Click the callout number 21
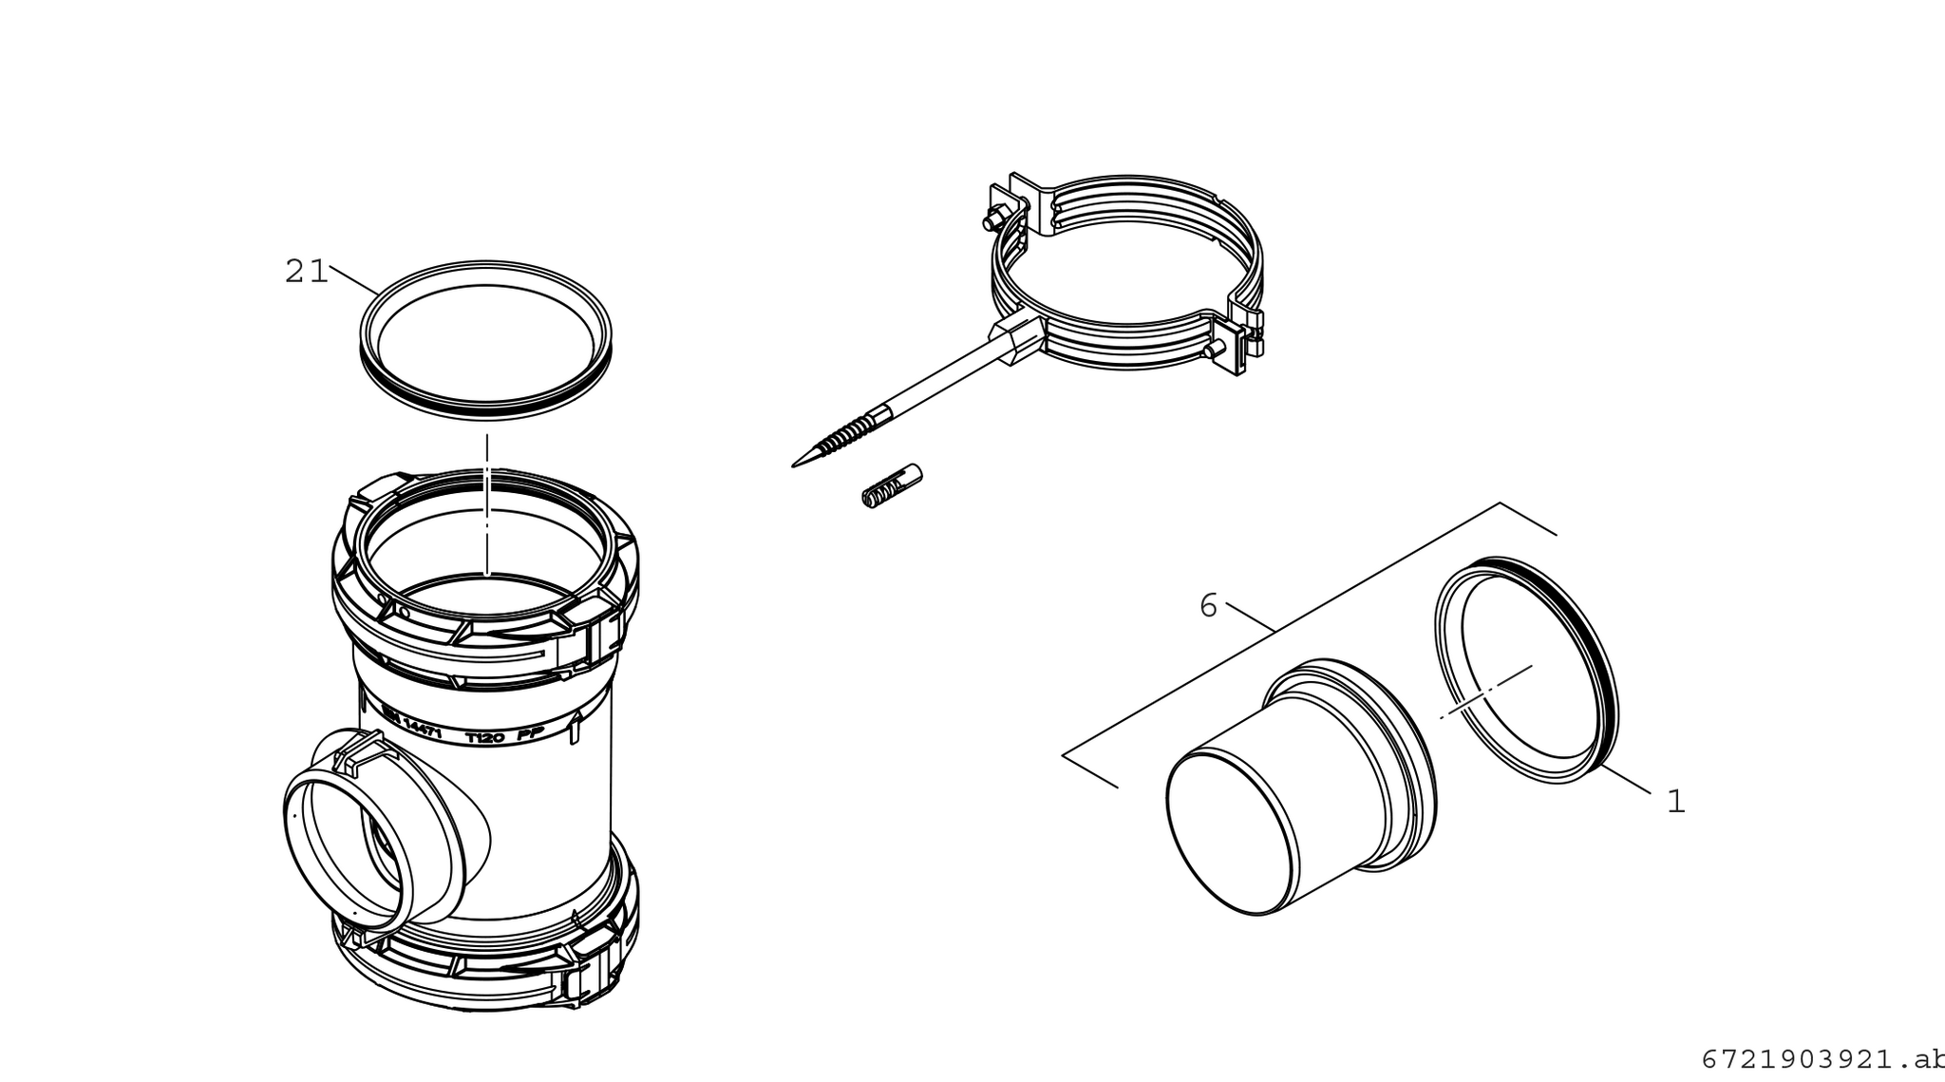(306, 273)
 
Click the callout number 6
(1208, 605)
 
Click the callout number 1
(1676, 802)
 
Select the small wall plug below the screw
(892, 485)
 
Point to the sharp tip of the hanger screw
(796, 465)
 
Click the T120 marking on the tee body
(484, 737)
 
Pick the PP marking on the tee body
(529, 736)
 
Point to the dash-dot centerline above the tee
(486, 503)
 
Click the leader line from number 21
(353, 279)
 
